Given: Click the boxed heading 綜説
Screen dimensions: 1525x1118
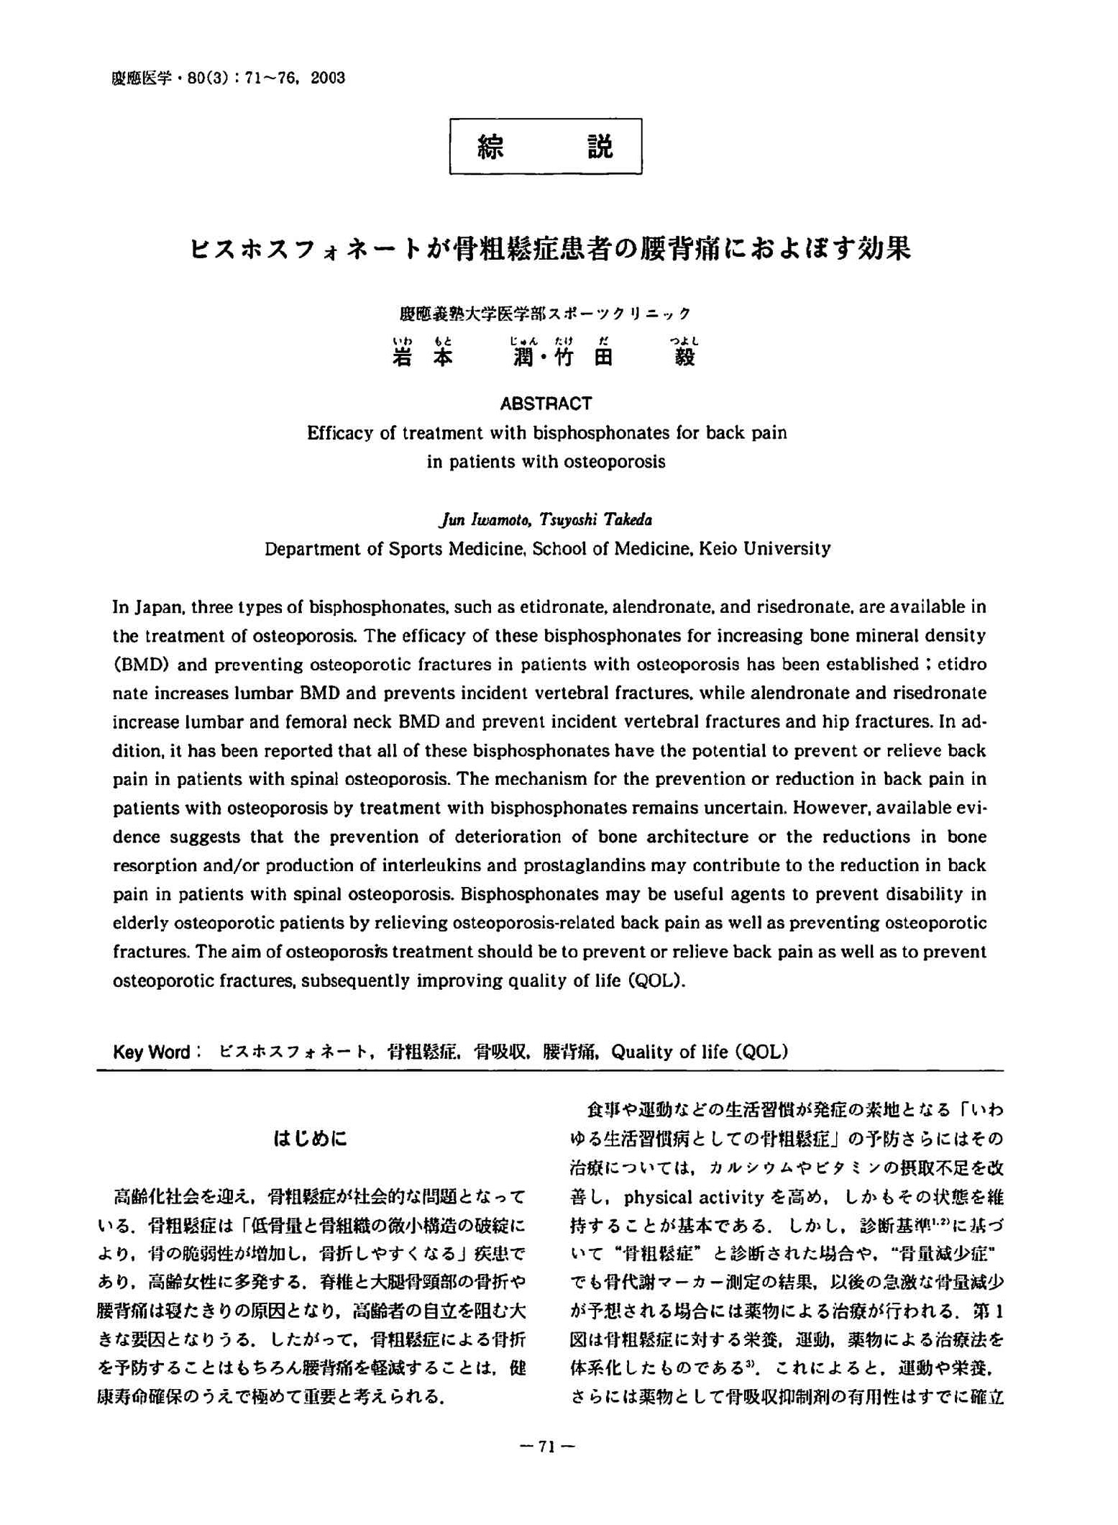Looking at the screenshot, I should (546, 147).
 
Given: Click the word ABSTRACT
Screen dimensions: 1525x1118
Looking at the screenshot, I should (546, 404).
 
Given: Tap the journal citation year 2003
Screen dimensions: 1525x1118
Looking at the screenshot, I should (328, 78).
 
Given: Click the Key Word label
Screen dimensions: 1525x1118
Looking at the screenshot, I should (152, 1052).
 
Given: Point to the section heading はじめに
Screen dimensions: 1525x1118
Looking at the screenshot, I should (311, 1139).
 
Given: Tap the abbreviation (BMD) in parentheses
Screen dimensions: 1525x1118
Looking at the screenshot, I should (142, 665).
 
